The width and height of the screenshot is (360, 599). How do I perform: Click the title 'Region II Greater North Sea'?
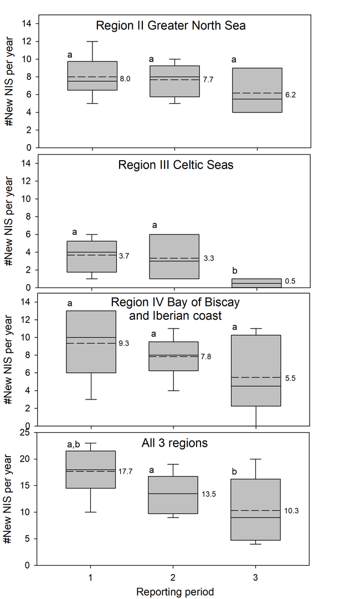click(171, 25)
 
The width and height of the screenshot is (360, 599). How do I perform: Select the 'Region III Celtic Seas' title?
click(171, 165)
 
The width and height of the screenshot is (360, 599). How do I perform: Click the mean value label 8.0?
click(125, 79)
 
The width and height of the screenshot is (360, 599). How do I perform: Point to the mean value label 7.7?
click(208, 80)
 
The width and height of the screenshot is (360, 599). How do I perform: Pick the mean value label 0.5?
click(290, 281)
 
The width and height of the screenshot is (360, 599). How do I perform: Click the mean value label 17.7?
click(126, 472)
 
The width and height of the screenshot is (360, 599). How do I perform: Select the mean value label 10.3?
click(291, 511)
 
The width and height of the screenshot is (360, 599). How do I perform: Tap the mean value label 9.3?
click(125, 344)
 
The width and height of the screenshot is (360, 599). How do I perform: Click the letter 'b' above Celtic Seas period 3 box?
click(235, 270)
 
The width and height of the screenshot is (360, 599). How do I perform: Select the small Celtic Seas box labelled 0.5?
click(256, 283)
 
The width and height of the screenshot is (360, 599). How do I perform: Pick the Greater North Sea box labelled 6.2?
click(256, 90)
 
